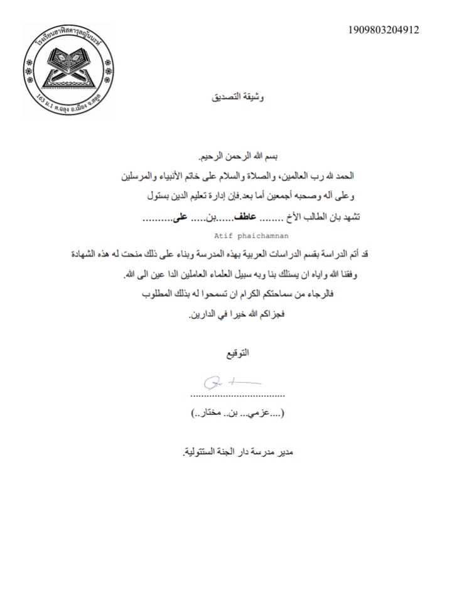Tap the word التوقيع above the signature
[237, 354]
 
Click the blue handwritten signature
[232, 382]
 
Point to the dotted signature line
[237, 395]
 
